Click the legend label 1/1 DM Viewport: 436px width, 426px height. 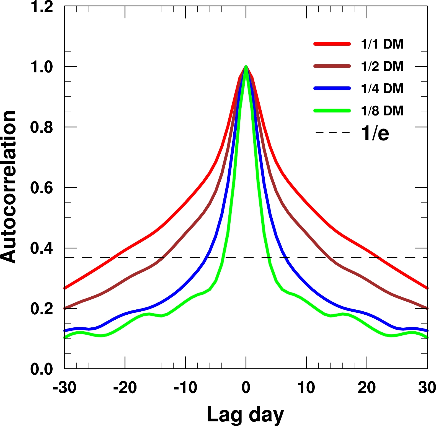coord(382,44)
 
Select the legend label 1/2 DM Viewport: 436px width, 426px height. coord(382,66)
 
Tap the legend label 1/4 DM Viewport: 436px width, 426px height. coord(382,89)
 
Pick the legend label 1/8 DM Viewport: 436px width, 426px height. coord(382,111)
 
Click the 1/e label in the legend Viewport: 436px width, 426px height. coord(375,133)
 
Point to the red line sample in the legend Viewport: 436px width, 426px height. coord(332,44)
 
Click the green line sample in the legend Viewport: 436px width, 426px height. coord(332,111)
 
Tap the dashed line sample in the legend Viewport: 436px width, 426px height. coord(332,133)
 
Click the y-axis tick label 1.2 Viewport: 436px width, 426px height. coord(42,7)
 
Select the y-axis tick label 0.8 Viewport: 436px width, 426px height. coord(42,127)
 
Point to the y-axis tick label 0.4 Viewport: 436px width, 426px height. coord(42,248)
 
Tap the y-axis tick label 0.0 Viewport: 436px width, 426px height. coord(42,369)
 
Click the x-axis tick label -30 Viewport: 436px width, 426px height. coord(65,388)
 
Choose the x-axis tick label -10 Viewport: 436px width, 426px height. coord(185,388)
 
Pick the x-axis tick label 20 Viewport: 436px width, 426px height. coord(367,388)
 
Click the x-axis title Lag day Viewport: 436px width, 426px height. coord(246,415)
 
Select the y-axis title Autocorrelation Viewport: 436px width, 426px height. coord(8,187)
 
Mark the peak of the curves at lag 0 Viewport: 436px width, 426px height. coord(246,66)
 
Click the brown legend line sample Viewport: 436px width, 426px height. coord(332,66)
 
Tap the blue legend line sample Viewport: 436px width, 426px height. coord(332,88)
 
